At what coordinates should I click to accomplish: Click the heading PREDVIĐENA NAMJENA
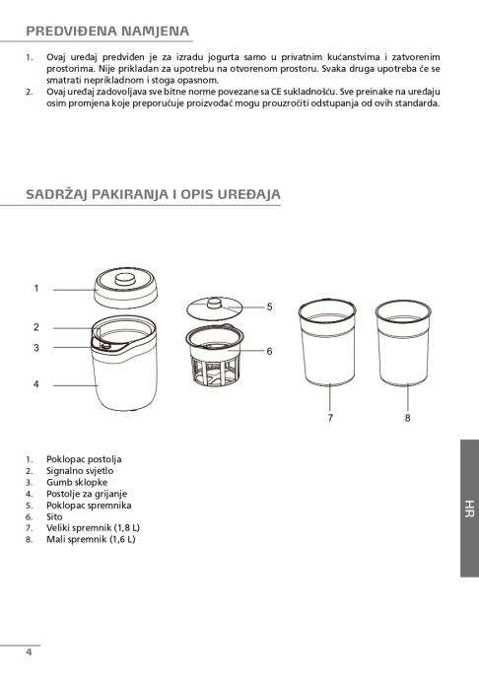pyautogui.click(x=107, y=32)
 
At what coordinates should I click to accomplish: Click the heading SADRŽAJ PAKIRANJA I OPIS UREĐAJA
pyautogui.click(x=153, y=194)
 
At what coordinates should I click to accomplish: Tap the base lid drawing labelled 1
pyautogui.click(x=126, y=288)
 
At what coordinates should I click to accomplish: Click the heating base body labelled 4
pyautogui.click(x=125, y=377)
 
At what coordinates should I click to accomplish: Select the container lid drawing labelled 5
pyautogui.click(x=214, y=308)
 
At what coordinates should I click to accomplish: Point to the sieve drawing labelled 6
pyautogui.click(x=214, y=356)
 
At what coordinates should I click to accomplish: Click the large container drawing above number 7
pyautogui.click(x=327, y=343)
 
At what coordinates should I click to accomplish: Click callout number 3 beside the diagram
pyautogui.click(x=36, y=348)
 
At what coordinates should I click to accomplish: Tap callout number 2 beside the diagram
pyautogui.click(x=36, y=327)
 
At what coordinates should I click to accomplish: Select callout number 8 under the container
pyautogui.click(x=407, y=418)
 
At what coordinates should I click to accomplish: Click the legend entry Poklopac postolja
pyautogui.click(x=84, y=459)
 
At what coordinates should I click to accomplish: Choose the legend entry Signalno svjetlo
pyautogui.click(x=80, y=471)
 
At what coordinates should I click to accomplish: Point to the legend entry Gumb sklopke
pyautogui.click(x=77, y=482)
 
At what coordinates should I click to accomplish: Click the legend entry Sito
pyautogui.click(x=54, y=517)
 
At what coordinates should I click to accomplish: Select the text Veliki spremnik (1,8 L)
pyautogui.click(x=93, y=528)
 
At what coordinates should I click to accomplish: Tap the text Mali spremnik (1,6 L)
pyautogui.click(x=91, y=539)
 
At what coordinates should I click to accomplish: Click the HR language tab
pyautogui.click(x=469, y=509)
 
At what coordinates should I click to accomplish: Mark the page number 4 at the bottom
pyautogui.click(x=29, y=652)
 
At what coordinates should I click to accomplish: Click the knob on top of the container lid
pyautogui.click(x=214, y=303)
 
